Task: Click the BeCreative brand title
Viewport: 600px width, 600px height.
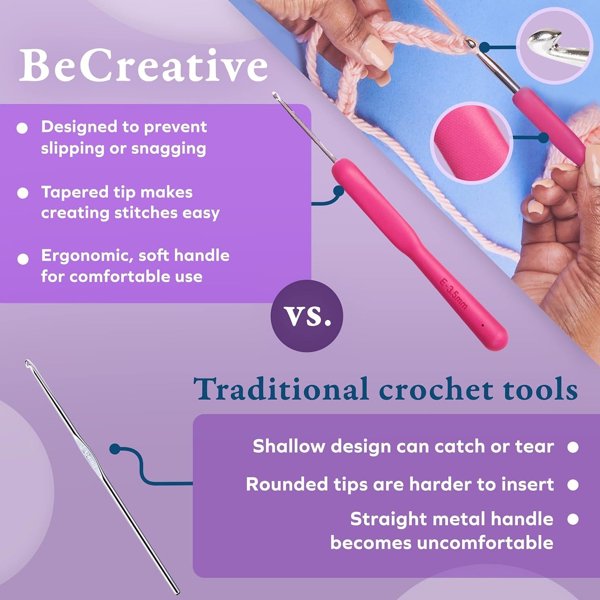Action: (x=143, y=66)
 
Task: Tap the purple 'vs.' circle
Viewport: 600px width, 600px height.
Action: (x=307, y=316)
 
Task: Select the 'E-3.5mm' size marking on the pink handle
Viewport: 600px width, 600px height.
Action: (x=453, y=294)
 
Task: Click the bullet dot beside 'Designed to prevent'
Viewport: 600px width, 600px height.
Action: (x=22, y=128)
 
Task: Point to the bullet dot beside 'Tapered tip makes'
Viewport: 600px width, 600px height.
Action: (x=22, y=193)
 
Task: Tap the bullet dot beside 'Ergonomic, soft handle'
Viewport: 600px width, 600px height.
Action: (x=23, y=259)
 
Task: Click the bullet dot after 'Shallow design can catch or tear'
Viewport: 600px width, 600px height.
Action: (x=573, y=447)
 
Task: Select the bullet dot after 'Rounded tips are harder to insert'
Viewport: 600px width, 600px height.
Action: (x=573, y=485)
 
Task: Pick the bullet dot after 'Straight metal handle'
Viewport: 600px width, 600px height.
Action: (x=573, y=519)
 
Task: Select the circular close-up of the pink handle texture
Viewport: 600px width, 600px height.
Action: (x=472, y=142)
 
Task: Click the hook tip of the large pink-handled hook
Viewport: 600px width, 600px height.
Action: (x=275, y=96)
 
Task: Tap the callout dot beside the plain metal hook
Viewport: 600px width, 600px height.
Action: (x=115, y=449)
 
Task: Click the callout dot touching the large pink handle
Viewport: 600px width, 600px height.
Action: (x=339, y=191)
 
